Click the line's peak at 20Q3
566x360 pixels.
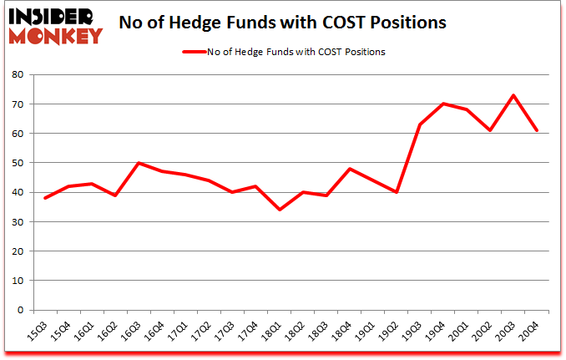[x=513, y=95]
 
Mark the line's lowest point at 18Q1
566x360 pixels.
[x=280, y=210]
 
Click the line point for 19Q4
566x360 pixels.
[x=443, y=104]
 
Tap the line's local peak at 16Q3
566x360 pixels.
[x=139, y=163]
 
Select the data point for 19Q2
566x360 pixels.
[x=397, y=192]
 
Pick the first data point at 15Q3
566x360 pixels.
[x=46, y=198]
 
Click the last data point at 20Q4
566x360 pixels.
[x=536, y=130]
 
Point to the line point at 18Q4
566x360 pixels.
[x=350, y=169]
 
